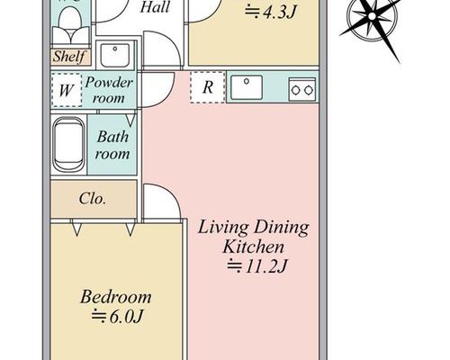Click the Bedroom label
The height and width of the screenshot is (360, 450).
pyautogui.click(x=115, y=297)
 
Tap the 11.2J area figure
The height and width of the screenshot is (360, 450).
pyautogui.click(x=257, y=265)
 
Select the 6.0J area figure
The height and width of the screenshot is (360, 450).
pyautogui.click(x=117, y=316)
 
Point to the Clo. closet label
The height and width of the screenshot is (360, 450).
pyautogui.click(x=93, y=199)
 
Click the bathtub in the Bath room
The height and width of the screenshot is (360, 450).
pyautogui.click(x=68, y=144)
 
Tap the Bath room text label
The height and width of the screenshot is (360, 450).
pyautogui.click(x=112, y=145)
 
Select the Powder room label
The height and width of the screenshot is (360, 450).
pyautogui.click(x=108, y=90)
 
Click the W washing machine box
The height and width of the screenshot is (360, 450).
pyautogui.click(x=67, y=90)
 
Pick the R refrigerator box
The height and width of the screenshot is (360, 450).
pyautogui.click(x=208, y=87)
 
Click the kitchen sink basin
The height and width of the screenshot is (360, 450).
pyautogui.click(x=247, y=87)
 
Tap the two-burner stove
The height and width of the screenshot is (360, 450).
pyautogui.click(x=302, y=89)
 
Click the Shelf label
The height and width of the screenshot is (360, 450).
pyautogui.click(x=69, y=57)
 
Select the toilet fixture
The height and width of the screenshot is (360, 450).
pyautogui.click(x=70, y=25)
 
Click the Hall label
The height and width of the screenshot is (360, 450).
pyautogui.click(x=155, y=7)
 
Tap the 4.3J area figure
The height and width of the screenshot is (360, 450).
pyautogui.click(x=271, y=13)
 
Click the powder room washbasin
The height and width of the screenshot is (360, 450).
pyautogui.click(x=115, y=56)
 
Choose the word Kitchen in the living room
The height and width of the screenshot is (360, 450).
pyautogui.click(x=254, y=247)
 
